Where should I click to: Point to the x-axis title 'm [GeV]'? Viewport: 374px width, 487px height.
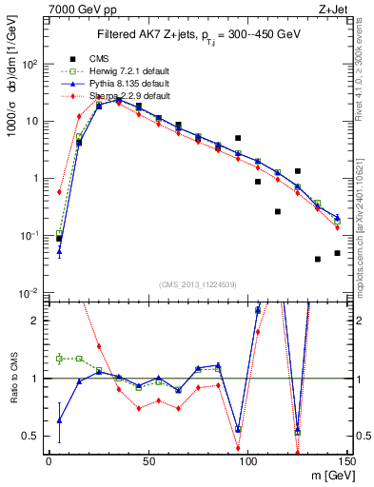328,475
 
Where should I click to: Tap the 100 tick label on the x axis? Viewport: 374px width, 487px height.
247,459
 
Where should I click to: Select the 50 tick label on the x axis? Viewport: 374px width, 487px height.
148,459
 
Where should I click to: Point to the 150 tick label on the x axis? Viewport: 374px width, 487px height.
346,459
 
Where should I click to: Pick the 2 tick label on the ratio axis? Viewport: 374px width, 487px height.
36,321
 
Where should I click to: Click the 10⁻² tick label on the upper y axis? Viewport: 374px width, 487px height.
29,292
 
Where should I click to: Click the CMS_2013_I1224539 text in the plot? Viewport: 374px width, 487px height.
195,282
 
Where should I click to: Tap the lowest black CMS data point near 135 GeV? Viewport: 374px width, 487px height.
317,259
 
